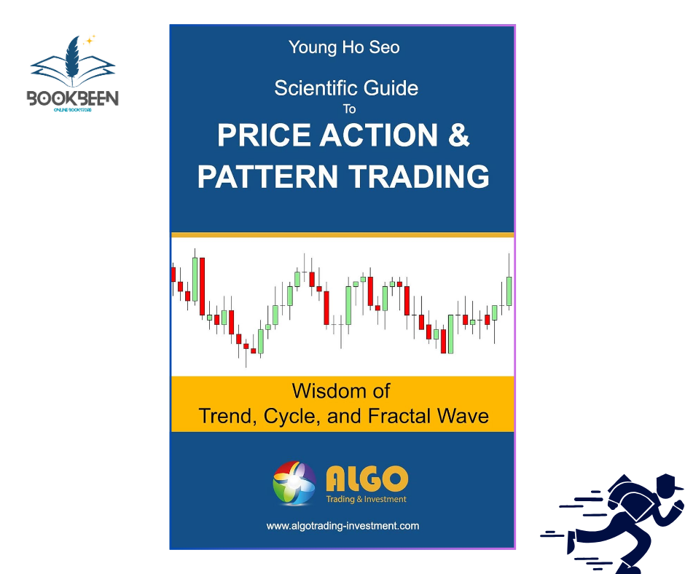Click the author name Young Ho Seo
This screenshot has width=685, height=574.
click(344, 48)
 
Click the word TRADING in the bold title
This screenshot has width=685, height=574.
click(416, 177)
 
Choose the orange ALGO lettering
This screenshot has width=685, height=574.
click(367, 479)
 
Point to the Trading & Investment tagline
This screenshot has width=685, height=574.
click(366, 500)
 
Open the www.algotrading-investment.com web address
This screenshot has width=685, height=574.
click(342, 525)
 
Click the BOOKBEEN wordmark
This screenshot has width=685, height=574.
click(73, 98)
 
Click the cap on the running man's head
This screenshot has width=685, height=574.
click(669, 483)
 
